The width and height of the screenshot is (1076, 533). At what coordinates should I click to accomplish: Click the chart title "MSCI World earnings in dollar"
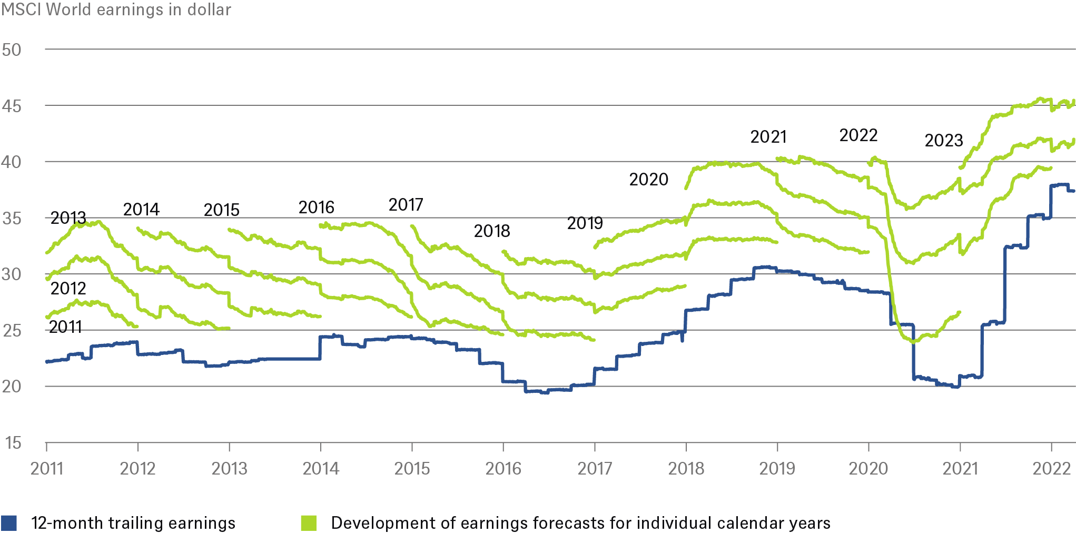116,9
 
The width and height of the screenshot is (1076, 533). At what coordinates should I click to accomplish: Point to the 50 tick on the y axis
12,50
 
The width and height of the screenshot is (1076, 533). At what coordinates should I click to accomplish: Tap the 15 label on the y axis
13,443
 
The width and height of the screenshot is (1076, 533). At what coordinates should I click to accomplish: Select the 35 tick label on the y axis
12,218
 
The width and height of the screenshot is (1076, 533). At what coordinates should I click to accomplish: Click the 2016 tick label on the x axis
503,468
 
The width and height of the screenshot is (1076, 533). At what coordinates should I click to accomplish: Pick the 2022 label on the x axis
1051,468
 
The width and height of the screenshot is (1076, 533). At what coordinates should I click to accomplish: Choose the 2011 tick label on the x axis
47,468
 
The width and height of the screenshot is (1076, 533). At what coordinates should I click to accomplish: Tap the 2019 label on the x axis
777,468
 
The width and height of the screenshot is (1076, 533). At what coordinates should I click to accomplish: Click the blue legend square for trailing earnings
9,523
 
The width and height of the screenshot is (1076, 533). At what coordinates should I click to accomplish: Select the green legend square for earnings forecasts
309,523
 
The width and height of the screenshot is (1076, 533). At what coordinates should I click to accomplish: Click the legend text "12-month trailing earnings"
133,523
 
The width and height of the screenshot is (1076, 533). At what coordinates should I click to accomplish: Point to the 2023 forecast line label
943,141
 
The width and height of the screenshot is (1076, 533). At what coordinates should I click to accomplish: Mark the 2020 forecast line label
648,180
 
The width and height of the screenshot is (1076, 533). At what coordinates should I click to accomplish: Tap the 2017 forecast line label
406,204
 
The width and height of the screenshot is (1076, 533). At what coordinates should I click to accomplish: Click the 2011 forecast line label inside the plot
66,327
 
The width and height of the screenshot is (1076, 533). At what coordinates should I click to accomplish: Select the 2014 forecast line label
141,210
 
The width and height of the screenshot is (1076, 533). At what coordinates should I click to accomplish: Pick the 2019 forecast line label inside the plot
585,223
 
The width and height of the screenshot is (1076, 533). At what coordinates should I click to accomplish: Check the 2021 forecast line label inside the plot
768,137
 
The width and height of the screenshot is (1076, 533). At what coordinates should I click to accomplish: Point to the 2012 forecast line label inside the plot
68,288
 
